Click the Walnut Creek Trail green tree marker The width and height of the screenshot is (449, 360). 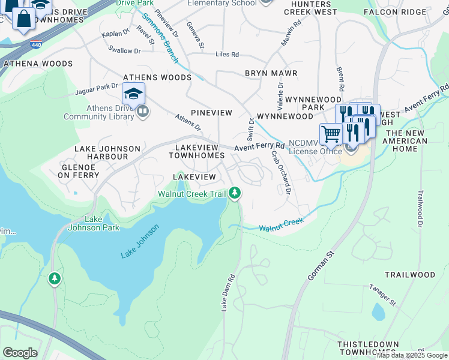235,193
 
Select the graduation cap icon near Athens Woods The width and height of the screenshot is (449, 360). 134,94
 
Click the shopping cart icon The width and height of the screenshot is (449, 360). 330,134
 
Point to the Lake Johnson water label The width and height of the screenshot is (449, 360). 140,242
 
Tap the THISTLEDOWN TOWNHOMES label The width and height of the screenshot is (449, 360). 369,349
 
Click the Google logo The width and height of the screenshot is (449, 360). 20,353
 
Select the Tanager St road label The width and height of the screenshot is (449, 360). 382,295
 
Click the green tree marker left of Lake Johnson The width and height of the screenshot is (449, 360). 55,279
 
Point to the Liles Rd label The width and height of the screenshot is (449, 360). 227,55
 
